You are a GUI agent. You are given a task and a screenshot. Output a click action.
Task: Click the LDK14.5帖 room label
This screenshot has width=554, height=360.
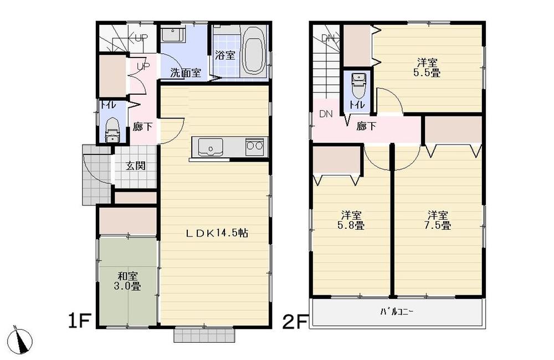pyautogui.click(x=216, y=233)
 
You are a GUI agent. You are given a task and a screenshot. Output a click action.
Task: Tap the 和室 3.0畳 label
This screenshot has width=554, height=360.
pyautogui.click(x=128, y=281)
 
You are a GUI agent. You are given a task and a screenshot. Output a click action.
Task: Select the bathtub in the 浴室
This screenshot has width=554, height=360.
pyautogui.click(x=252, y=52)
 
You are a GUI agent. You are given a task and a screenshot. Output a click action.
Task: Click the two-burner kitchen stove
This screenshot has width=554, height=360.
pyautogui.click(x=254, y=147)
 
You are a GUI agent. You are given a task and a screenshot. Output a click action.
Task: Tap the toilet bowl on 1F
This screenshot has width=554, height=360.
pyautogui.click(x=112, y=129)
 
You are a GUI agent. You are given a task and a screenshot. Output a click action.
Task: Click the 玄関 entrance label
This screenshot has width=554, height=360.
pyautogui.click(x=135, y=166)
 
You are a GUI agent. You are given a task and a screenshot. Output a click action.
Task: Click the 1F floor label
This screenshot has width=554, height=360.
pyautogui.click(x=79, y=321)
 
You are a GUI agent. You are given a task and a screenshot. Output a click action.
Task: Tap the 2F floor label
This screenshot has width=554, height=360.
pyautogui.click(x=295, y=321)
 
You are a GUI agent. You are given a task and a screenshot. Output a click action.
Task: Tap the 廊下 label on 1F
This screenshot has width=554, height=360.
pyautogui.click(x=143, y=126)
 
